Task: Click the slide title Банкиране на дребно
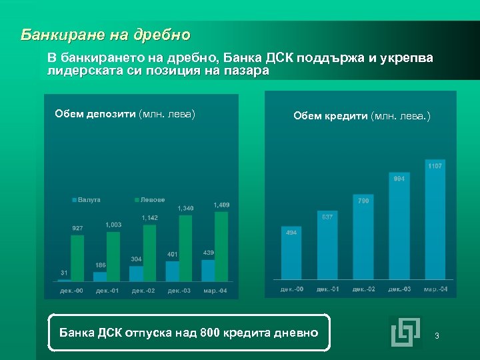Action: click(105, 35)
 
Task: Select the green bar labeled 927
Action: click(77, 258)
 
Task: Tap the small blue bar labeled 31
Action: click(63, 280)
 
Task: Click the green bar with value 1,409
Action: click(221, 246)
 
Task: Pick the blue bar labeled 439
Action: click(208, 271)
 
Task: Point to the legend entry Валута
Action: click(87, 199)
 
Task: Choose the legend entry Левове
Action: click(150, 199)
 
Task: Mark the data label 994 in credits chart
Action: click(399, 179)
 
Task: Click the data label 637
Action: click(327, 217)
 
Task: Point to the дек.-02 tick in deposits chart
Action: click(143, 291)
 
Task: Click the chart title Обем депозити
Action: click(125, 114)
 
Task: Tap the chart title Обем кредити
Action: click(362, 116)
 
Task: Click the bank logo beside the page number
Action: click(405, 332)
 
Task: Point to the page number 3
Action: click(437, 335)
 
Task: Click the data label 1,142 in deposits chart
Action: click(149, 217)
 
